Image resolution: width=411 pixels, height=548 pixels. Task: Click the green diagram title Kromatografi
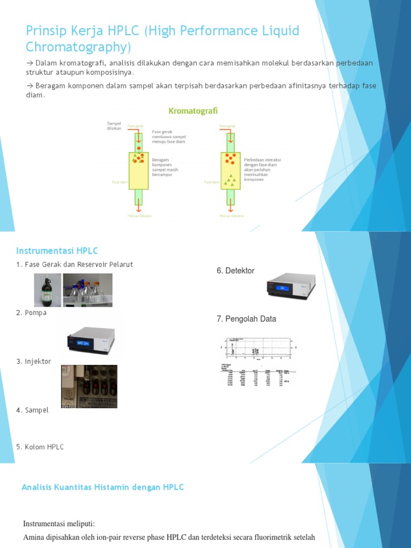pyautogui.click(x=193, y=111)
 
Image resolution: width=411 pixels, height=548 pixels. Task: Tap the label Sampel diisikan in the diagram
pyautogui.click(x=114, y=126)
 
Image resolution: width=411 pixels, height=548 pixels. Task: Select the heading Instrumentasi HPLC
pyautogui.click(x=57, y=251)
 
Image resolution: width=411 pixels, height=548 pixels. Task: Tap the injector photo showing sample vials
pyautogui.click(x=89, y=386)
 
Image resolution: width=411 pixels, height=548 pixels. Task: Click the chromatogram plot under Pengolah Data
pyautogui.click(x=257, y=348)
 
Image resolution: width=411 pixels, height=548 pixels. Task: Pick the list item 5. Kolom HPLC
pyautogui.click(x=40, y=447)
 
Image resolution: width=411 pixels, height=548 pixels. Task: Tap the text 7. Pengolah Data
pyautogui.click(x=246, y=319)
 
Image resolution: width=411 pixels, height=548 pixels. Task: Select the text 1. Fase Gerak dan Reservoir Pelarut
pyautogui.click(x=74, y=264)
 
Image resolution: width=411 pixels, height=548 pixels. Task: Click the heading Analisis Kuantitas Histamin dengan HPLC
pyautogui.click(x=103, y=487)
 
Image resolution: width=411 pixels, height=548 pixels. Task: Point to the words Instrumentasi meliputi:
pyautogui.click(x=63, y=523)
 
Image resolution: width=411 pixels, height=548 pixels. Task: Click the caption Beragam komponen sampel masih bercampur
pyautogui.click(x=165, y=167)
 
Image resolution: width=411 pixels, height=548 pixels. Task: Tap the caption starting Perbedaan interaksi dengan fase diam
pyautogui.click(x=262, y=169)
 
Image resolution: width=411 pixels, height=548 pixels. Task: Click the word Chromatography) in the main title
pyautogui.click(x=78, y=47)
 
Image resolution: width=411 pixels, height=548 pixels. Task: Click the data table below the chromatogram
pyautogui.click(x=258, y=375)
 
